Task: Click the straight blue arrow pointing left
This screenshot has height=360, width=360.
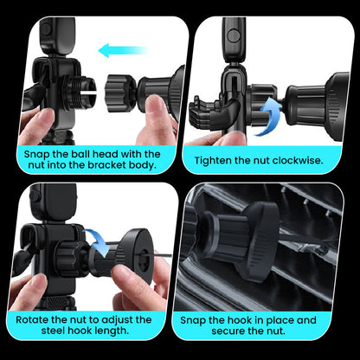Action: tap(122, 51)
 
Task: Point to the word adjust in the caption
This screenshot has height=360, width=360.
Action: tap(135, 318)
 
